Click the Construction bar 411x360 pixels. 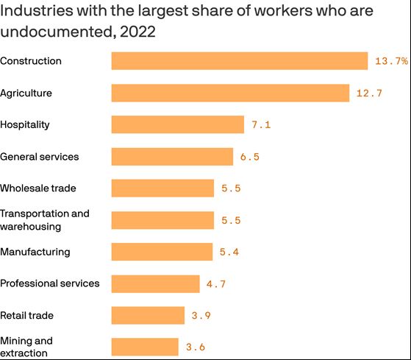[x=239, y=61]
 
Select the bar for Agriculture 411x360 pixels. [x=230, y=93]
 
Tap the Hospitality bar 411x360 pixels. [x=177, y=124]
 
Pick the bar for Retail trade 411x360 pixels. [x=148, y=315]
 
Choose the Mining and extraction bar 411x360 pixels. [x=145, y=347]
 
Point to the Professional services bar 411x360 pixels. [x=155, y=283]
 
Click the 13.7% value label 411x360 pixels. [x=390, y=61]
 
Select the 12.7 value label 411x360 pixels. [x=369, y=93]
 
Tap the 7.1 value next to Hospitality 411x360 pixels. [x=261, y=125]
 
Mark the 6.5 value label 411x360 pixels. [x=250, y=157]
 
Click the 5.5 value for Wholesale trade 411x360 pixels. [x=231, y=188]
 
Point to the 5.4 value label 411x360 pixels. [x=229, y=252]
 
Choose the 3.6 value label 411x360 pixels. [x=196, y=347]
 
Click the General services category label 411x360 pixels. [x=40, y=157]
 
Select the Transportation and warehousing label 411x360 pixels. [x=45, y=219]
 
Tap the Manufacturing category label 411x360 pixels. [x=35, y=252]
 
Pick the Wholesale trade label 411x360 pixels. [x=38, y=188]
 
